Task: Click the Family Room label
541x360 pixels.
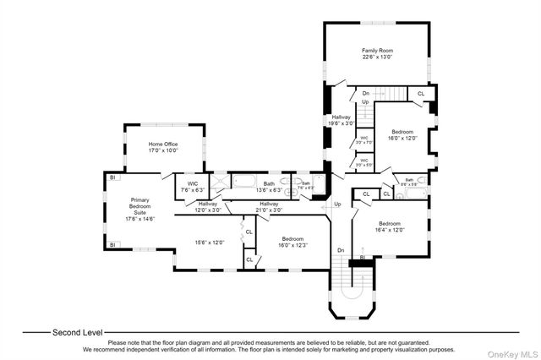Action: pyautogui.click(x=377, y=54)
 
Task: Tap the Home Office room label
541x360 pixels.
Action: pyautogui.click(x=163, y=147)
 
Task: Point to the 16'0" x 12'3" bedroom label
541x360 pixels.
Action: pyautogui.click(x=292, y=242)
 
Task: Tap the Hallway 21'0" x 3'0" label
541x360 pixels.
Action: pyautogui.click(x=269, y=206)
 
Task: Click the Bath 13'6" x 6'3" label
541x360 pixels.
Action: pyautogui.click(x=269, y=186)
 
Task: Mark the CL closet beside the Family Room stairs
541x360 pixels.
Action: pyautogui.click(x=421, y=94)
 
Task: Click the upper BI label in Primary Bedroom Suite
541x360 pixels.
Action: pyautogui.click(x=112, y=177)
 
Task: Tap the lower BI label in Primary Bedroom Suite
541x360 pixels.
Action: pyautogui.click(x=112, y=245)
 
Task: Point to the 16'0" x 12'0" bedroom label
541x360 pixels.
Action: pyautogui.click(x=402, y=135)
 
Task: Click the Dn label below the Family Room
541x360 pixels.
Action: pyautogui.click(x=365, y=94)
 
